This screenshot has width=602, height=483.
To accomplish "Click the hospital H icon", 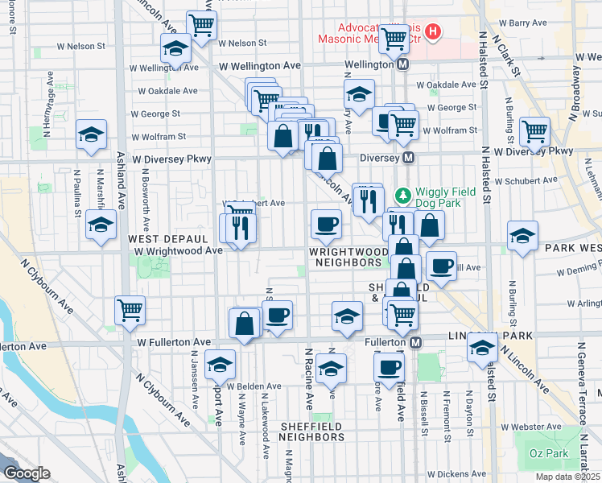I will click(x=434, y=32).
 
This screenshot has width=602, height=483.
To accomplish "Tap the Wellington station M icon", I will click(x=403, y=64).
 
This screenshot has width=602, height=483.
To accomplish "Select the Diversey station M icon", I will click(x=410, y=158).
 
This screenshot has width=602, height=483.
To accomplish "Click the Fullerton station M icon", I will click(x=416, y=343).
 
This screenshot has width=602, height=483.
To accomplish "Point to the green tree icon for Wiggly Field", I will click(x=403, y=195).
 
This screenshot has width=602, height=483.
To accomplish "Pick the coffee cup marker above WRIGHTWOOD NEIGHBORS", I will click(x=326, y=223).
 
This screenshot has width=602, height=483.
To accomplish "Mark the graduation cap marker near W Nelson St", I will click(x=175, y=49).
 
